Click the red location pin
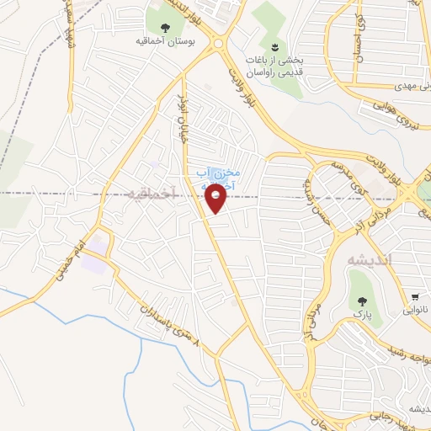coord(216,199)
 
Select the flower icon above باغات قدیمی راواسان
coord(274,45)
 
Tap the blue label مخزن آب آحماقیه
coord(217,176)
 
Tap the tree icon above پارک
coord(363,301)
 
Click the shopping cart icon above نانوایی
coord(415,298)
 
